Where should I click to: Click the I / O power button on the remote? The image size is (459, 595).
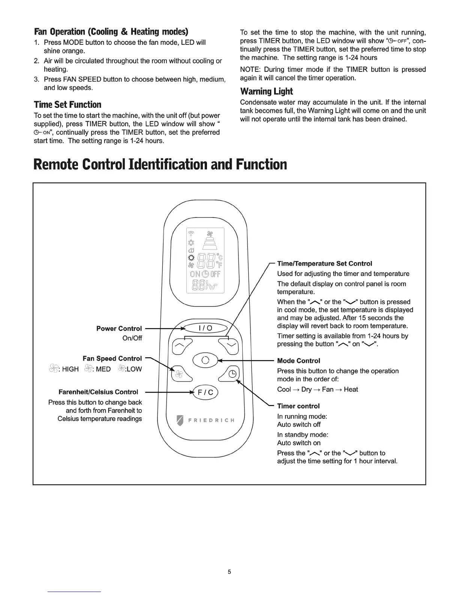tap(205, 328)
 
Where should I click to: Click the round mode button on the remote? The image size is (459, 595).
tap(205, 360)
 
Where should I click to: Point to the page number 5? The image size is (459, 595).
tap(229, 572)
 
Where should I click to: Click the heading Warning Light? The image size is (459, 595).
tap(266, 91)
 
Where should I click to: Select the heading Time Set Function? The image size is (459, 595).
tap(67, 104)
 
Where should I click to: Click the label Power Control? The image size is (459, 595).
tap(119, 328)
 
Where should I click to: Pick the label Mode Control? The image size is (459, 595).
tap(298, 361)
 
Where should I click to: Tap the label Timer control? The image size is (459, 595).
tap(298, 406)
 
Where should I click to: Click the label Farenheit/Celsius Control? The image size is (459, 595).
tap(98, 392)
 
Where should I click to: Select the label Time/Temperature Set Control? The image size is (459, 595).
tap(324, 264)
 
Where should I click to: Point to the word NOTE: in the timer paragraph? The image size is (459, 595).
tap(250, 69)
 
